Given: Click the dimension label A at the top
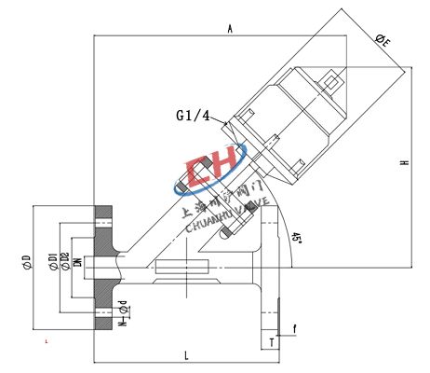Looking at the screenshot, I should point(229,29).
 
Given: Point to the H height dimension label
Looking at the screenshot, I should point(404,162).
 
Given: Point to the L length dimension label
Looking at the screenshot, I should point(186,355).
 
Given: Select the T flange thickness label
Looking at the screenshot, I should point(271,342).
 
